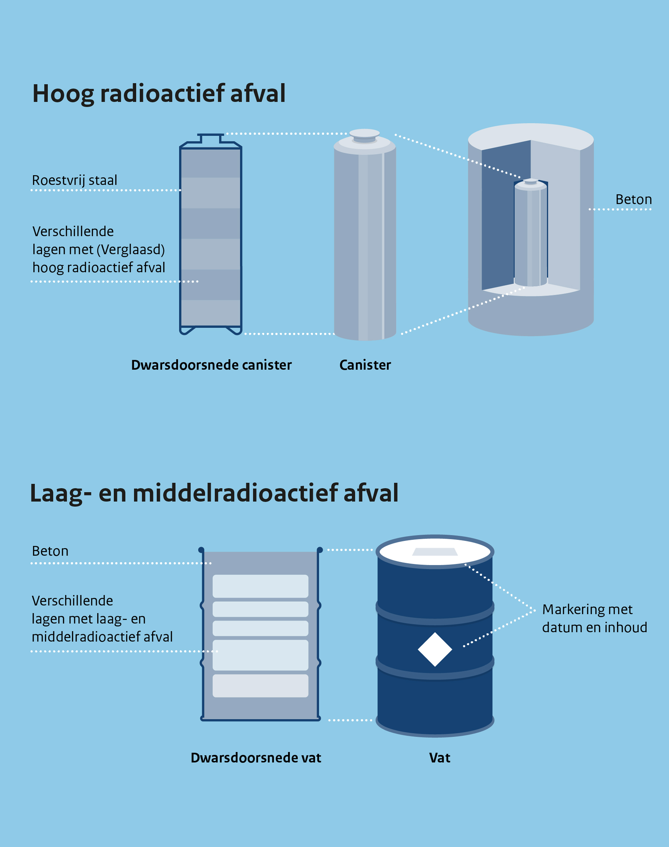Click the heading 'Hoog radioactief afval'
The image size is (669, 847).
point(159,94)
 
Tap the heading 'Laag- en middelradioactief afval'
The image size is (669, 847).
point(214,493)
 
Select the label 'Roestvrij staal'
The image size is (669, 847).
point(74,180)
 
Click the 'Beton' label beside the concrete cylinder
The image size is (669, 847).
point(633,199)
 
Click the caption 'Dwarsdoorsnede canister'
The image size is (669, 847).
point(211,365)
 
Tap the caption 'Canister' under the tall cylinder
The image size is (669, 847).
point(365,365)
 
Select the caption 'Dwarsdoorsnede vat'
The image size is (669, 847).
point(256,758)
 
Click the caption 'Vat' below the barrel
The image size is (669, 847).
point(439,758)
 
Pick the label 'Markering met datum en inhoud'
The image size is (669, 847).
point(594,618)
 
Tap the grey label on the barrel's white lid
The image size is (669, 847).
point(435,552)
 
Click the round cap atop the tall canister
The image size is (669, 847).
point(364,134)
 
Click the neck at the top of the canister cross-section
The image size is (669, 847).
point(211,139)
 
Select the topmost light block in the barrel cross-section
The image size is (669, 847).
point(260,586)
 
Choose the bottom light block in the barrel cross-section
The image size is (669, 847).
point(260,685)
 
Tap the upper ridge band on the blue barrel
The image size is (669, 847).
point(435,612)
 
